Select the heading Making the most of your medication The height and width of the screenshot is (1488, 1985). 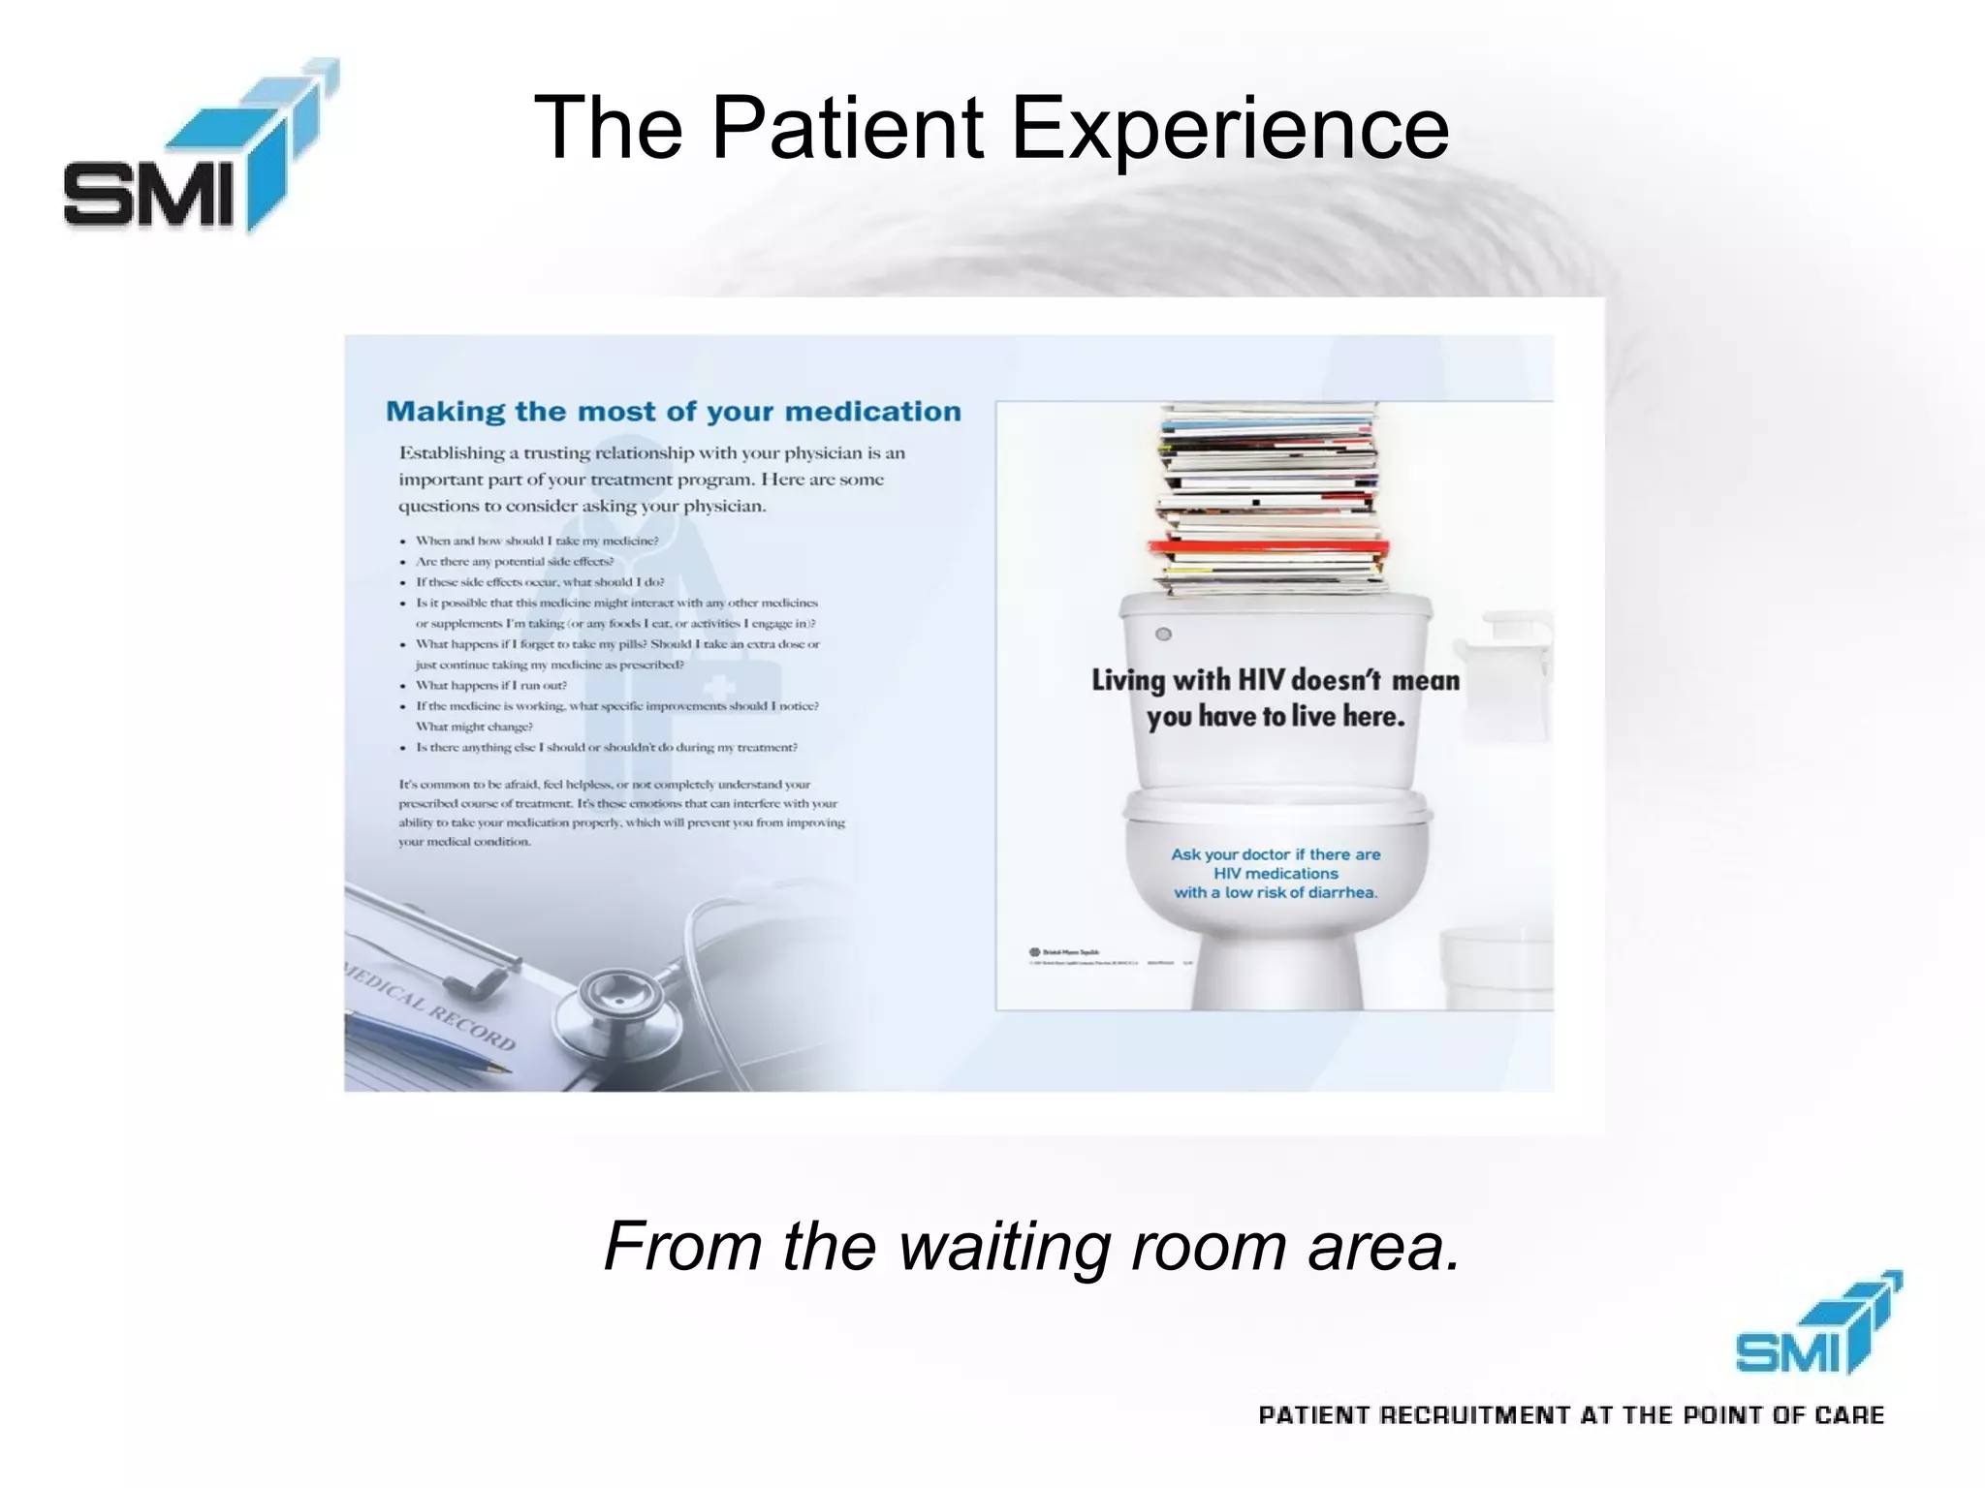673,412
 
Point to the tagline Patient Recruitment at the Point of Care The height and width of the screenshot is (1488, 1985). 1570,1415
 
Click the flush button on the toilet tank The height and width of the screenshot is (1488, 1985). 1164,634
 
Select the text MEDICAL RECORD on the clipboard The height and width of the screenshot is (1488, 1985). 431,1007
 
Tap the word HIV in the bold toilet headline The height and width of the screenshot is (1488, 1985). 1262,679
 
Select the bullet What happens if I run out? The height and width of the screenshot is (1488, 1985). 491,685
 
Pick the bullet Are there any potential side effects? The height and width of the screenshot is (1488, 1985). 515,561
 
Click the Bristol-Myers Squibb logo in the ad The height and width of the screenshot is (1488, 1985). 1063,952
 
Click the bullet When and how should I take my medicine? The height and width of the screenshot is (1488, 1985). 536,541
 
